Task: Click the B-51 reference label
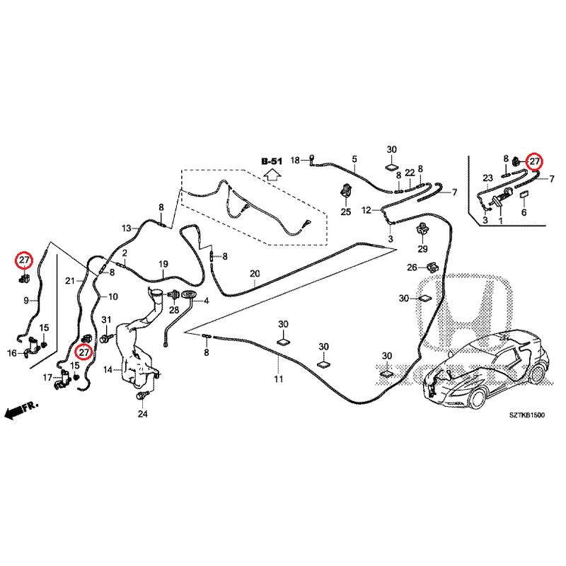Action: coord(272,161)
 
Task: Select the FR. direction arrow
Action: coord(21,410)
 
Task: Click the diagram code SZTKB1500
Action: coord(526,415)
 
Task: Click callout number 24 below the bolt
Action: coord(143,414)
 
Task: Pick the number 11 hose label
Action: coord(279,379)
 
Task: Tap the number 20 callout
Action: coord(255,274)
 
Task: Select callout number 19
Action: coord(163,264)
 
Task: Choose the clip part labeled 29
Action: coord(422,229)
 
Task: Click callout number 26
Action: coord(412,267)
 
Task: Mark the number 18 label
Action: coord(295,160)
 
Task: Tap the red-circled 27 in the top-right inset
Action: coord(534,161)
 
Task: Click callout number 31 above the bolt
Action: coord(106,320)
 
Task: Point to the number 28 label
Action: coord(174,310)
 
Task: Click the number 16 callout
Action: coord(12,352)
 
